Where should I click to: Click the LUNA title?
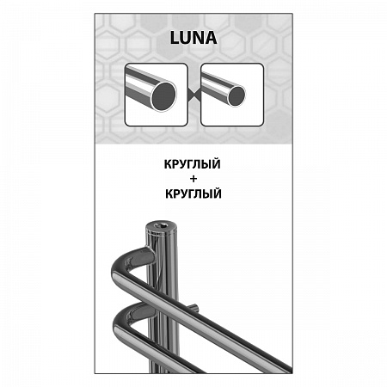pyautogui.click(x=193, y=38)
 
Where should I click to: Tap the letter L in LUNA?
pyautogui.click(x=175, y=38)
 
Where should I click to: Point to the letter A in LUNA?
pyautogui.click(x=211, y=38)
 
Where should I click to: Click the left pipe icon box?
pyautogui.click(x=157, y=95)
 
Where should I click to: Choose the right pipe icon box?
pyautogui.click(x=232, y=95)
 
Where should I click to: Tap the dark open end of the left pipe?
pyautogui.click(x=163, y=96)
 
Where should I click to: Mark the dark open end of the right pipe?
pyautogui.click(x=236, y=95)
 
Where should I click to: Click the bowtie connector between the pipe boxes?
pyautogui.click(x=194, y=95)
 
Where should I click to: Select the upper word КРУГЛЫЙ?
pyautogui.click(x=193, y=164)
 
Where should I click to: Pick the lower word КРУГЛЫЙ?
pyautogui.click(x=193, y=193)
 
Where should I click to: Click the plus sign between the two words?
pyautogui.click(x=193, y=179)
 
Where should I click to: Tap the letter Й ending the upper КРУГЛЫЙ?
pyautogui.click(x=216, y=163)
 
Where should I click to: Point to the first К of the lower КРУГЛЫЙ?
pyautogui.click(x=169, y=194)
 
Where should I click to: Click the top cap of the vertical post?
pyautogui.click(x=161, y=226)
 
